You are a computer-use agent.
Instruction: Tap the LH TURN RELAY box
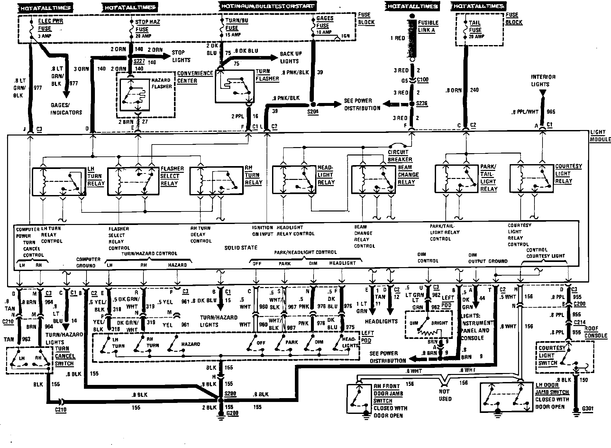click(x=59, y=181)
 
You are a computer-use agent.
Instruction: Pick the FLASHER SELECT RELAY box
click(x=133, y=181)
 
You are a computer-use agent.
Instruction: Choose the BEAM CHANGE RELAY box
click(x=373, y=180)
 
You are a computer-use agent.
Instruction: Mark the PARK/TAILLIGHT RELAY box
click(x=457, y=179)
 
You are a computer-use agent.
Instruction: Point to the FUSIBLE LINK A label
click(x=428, y=26)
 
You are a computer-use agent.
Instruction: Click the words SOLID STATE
click(x=241, y=247)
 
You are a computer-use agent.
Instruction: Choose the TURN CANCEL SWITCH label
click(x=65, y=356)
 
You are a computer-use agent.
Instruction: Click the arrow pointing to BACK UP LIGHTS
click(x=273, y=58)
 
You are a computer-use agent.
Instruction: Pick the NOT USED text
click(x=445, y=395)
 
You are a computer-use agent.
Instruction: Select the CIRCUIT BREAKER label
click(x=399, y=156)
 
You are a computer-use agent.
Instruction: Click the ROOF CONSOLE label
click(x=596, y=332)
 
